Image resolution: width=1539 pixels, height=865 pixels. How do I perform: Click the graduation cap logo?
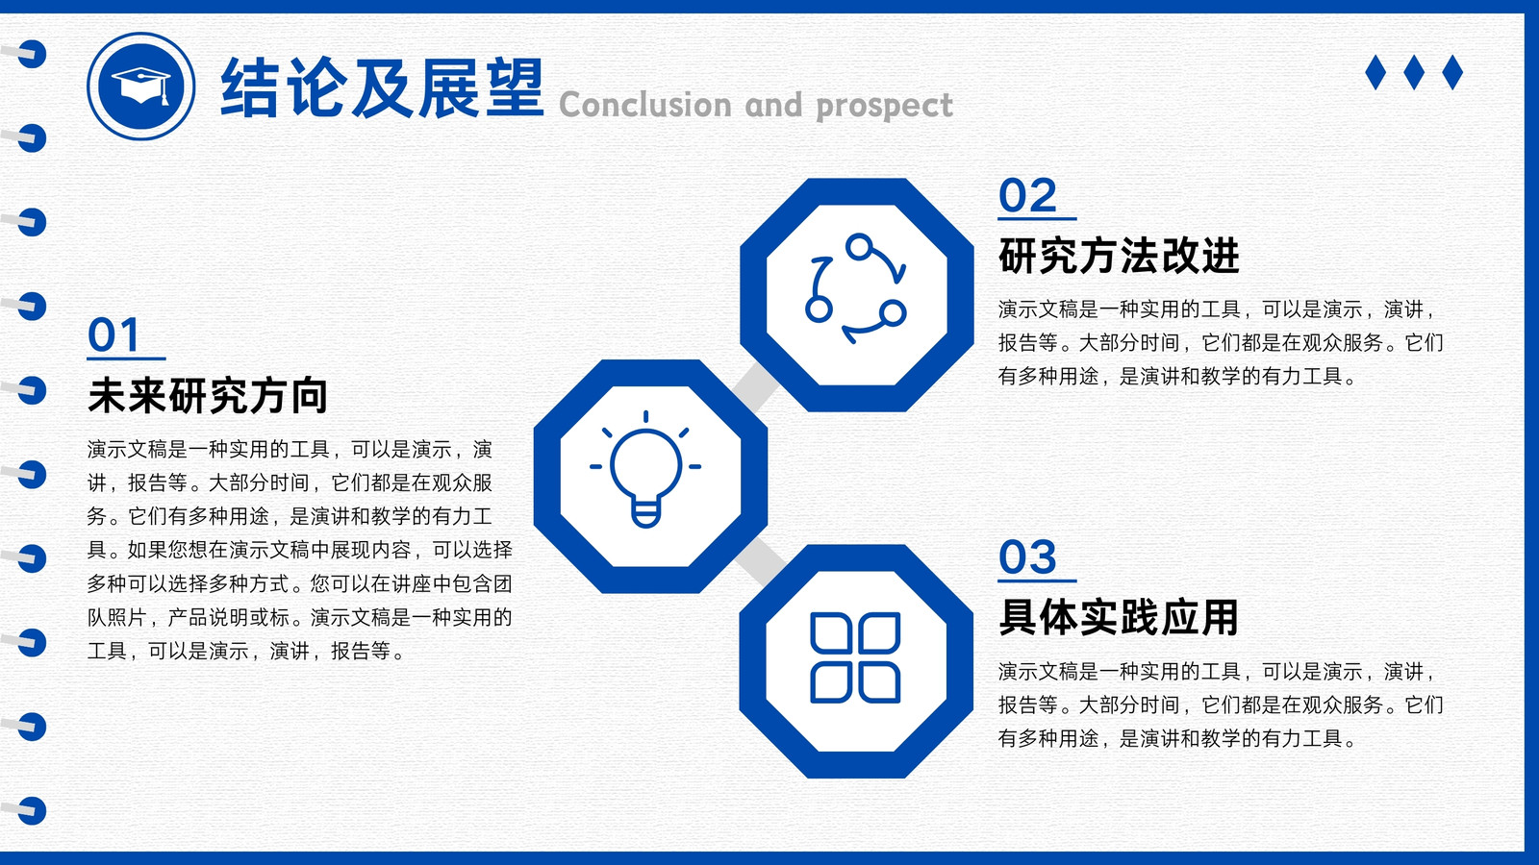140,86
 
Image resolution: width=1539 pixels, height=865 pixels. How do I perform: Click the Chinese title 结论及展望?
382,88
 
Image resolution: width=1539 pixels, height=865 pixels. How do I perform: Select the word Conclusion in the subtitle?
645,105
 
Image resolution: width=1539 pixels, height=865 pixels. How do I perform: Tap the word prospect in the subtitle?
884,107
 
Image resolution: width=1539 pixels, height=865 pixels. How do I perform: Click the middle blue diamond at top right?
1414,72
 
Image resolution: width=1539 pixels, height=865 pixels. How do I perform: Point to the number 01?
114,335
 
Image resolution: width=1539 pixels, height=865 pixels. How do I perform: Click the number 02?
1027,196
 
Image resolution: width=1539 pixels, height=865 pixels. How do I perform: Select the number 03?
1027,556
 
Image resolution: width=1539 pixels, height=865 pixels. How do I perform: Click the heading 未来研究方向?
208,395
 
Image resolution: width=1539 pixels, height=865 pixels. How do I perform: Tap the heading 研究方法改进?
1119,256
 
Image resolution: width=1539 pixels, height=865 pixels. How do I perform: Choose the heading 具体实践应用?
1119,617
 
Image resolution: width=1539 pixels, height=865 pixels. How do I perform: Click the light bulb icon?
645,470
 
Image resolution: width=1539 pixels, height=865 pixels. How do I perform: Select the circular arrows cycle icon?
855,288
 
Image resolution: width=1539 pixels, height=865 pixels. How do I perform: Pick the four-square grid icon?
855,657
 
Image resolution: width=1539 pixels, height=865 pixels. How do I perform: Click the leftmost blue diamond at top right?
1375,72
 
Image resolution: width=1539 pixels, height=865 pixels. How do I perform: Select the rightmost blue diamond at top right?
1452,72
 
